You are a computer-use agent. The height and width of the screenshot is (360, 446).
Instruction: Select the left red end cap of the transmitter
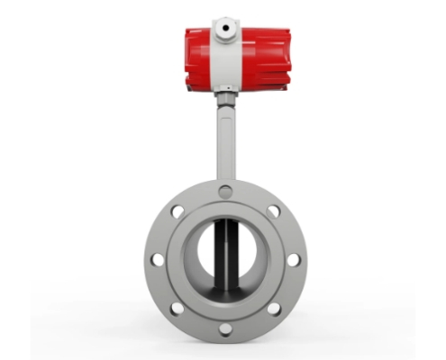[197, 58]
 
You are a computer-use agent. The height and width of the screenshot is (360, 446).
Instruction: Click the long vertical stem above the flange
[225, 144]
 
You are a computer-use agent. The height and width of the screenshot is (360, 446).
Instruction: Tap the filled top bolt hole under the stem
[225, 192]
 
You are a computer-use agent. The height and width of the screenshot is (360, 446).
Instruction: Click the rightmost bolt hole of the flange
[294, 260]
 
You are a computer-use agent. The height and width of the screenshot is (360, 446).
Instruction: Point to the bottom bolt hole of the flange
[225, 328]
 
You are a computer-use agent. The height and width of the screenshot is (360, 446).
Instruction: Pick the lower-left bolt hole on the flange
[177, 308]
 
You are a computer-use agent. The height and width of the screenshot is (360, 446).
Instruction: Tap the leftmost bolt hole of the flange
[158, 260]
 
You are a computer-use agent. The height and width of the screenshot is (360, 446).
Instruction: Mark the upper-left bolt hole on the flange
[177, 212]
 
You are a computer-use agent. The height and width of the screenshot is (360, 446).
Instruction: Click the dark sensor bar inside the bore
[223, 256]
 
